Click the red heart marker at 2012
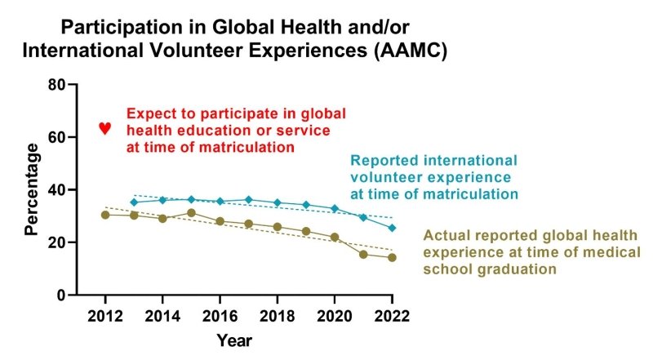104,128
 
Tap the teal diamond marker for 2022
392,228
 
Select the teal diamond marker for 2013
134,202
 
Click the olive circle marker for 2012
105,215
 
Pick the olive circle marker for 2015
191,213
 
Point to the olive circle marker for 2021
363,254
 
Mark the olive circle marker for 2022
392,257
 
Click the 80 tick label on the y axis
56,85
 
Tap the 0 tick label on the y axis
61,295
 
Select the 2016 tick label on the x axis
220,314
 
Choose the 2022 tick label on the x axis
392,314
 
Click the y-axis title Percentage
33,189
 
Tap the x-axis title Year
234,339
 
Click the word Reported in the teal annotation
380,160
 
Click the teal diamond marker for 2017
248,199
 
